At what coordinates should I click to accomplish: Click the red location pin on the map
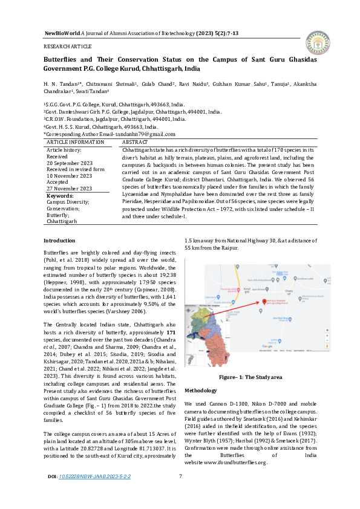(x=261, y=302)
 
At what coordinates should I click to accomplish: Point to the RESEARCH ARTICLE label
(x=67, y=47)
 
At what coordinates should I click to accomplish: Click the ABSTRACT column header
(x=135, y=141)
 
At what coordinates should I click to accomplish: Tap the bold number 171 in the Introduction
(x=171, y=333)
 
